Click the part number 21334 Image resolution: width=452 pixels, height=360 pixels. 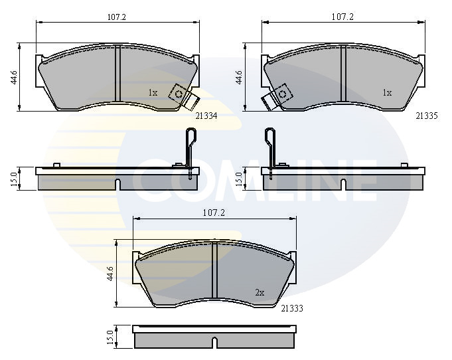click(206, 116)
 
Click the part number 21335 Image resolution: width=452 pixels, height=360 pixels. click(427, 116)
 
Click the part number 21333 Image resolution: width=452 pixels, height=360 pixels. click(292, 309)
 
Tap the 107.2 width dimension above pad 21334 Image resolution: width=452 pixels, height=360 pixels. click(117, 17)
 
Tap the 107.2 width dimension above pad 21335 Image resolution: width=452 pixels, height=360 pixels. click(342, 17)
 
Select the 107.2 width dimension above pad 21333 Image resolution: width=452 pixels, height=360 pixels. click(214, 213)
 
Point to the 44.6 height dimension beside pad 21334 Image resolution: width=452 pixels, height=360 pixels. click(14, 77)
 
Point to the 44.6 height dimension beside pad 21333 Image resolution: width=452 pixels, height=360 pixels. click(110, 274)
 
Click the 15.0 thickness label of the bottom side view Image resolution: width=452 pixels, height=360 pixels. click(110, 337)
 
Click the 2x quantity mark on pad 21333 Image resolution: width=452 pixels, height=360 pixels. click(260, 293)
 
